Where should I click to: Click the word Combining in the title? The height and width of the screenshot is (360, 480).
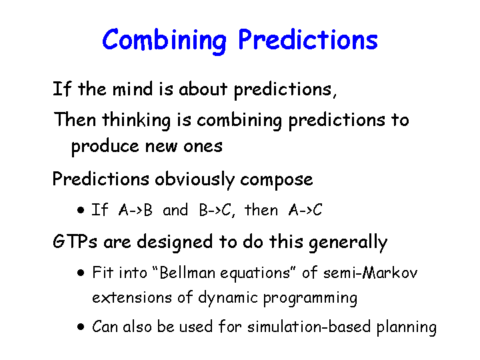point(164,41)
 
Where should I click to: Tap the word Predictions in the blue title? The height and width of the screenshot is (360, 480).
point(308,39)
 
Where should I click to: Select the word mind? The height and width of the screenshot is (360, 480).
point(132,89)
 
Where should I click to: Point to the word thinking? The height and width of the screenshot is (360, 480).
point(136,121)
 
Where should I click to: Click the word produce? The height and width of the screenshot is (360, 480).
point(105,147)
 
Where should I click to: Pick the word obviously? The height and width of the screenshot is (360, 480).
point(195,179)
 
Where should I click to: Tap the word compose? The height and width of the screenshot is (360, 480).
point(277,180)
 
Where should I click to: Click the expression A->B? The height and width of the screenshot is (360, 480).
point(135,210)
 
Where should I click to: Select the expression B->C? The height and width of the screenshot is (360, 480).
point(215,210)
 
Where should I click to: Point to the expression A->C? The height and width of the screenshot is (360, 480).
point(305,210)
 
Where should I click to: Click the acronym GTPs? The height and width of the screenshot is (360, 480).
point(75,241)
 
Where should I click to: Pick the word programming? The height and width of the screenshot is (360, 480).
point(310,298)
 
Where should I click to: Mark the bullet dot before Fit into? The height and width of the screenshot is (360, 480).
point(81,273)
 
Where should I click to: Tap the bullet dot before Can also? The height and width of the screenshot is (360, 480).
point(81,327)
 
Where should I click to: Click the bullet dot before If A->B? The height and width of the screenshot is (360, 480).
point(81,210)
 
